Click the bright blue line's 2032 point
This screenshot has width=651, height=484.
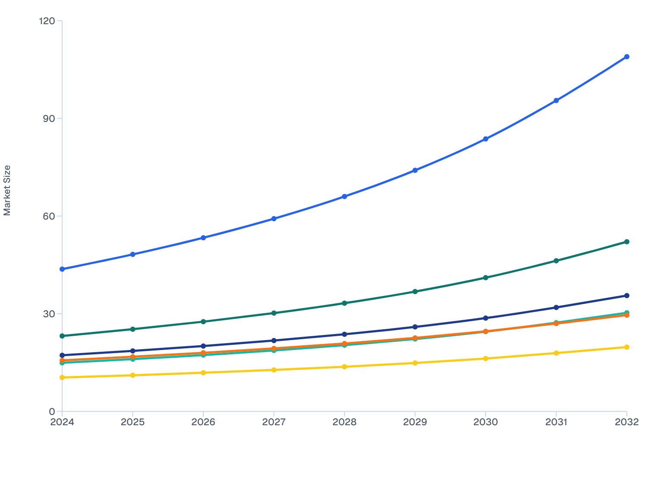626,57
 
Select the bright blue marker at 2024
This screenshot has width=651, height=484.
62,269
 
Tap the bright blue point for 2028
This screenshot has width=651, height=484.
344,197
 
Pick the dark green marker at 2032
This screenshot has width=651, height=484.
626,242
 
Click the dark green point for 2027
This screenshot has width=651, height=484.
274,313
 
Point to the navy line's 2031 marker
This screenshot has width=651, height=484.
556,307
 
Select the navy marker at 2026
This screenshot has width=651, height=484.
203,346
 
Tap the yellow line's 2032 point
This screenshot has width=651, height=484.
626,347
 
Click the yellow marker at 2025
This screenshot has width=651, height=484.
133,375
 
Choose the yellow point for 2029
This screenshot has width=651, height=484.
415,363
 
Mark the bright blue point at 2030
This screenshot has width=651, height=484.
486,139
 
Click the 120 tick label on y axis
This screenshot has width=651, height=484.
47,21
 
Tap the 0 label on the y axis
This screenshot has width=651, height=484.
52,411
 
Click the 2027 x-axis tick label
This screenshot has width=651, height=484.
274,422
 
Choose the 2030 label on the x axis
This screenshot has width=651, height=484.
486,422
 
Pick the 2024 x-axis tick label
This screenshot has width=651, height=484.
62,422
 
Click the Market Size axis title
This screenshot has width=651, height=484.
7,190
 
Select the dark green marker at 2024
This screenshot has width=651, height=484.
62,336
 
